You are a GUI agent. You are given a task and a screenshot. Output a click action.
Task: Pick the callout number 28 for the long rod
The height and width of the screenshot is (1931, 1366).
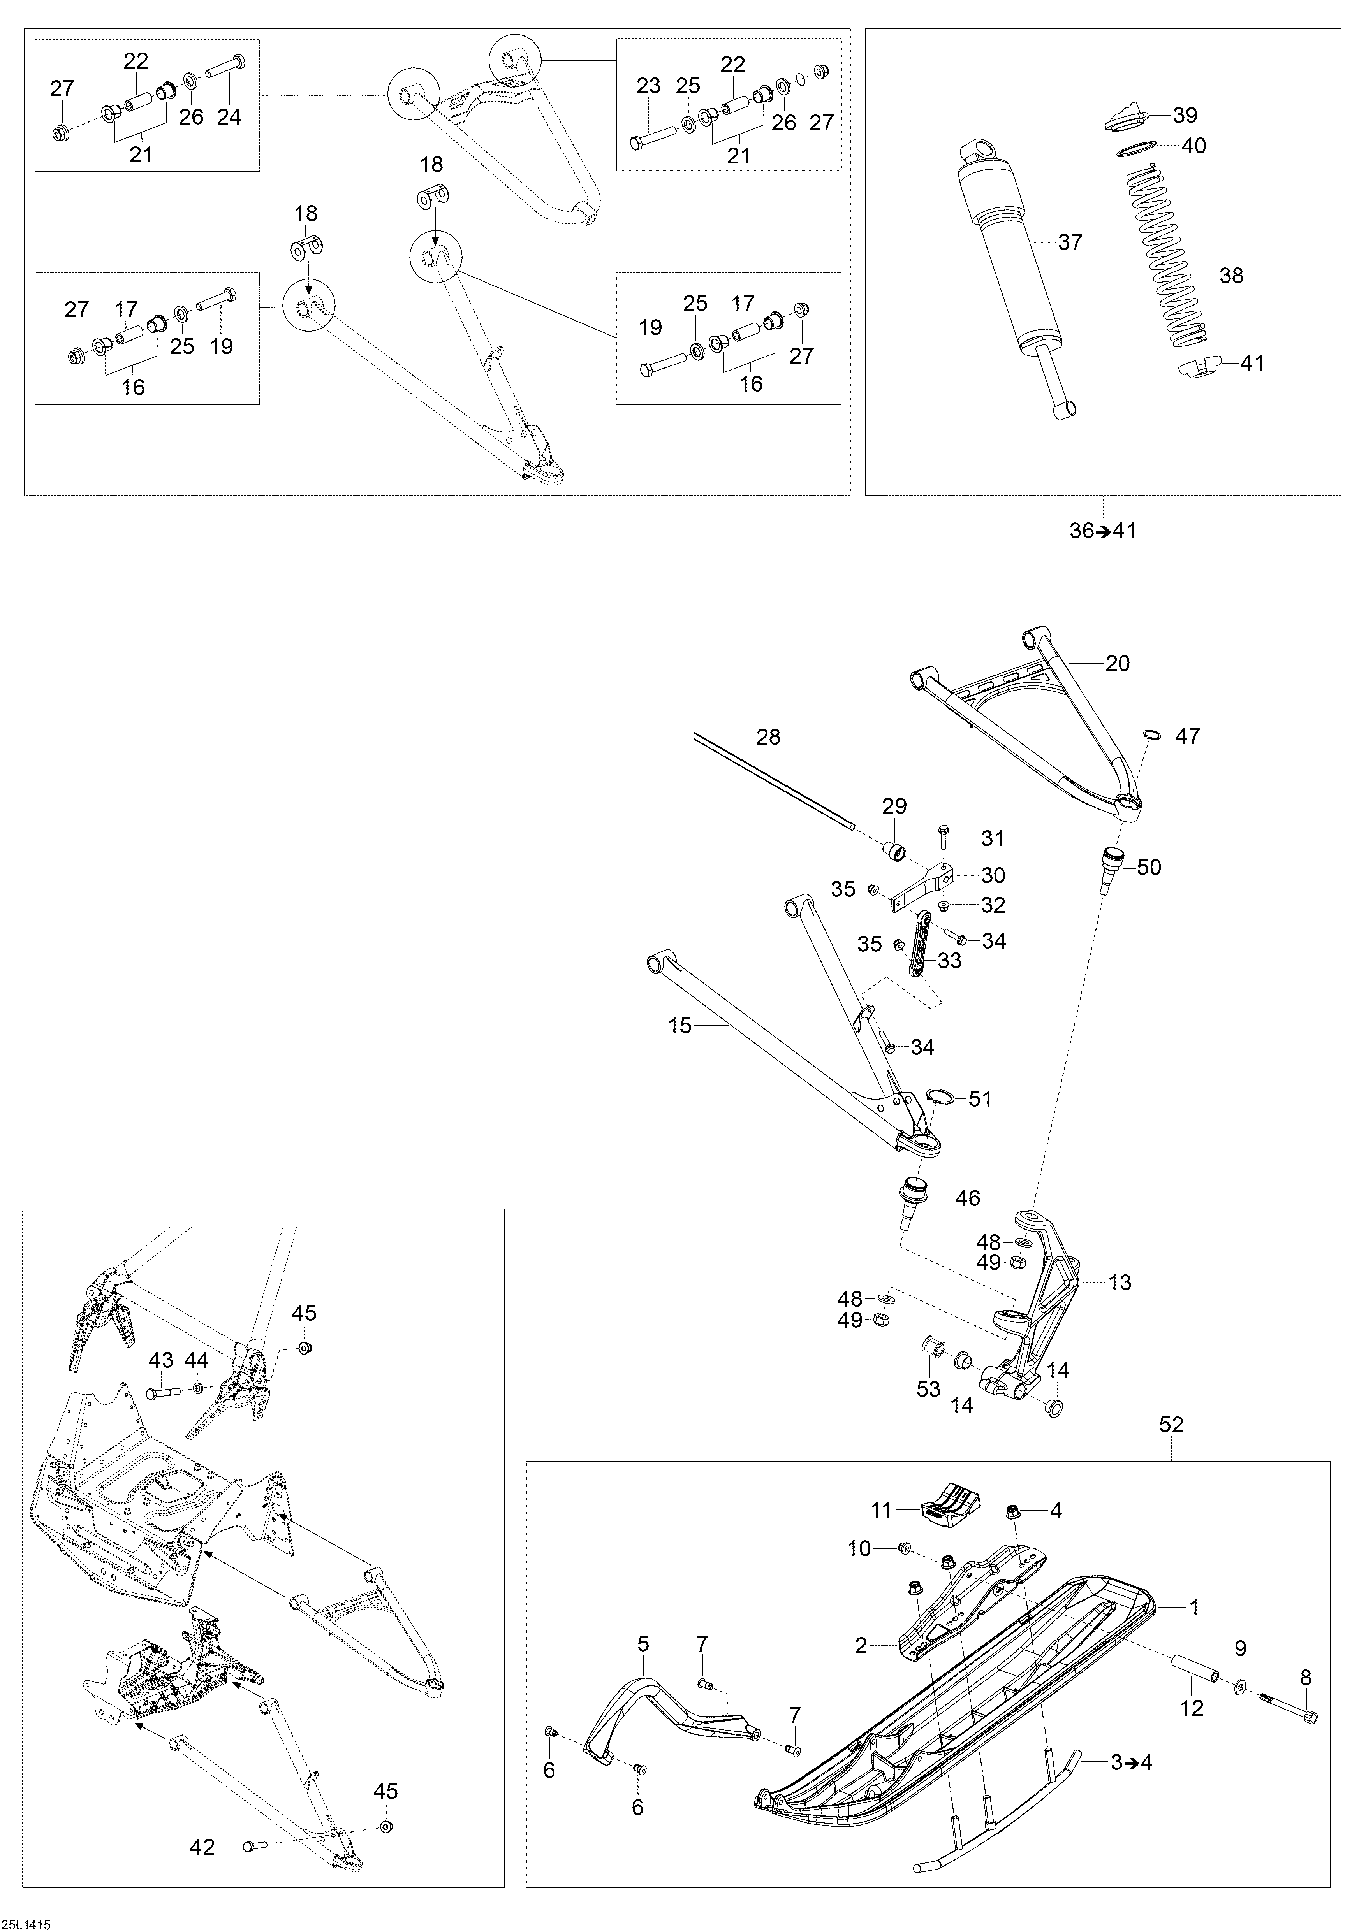(768, 737)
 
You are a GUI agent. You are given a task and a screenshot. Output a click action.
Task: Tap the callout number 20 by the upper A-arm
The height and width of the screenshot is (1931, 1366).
(1117, 664)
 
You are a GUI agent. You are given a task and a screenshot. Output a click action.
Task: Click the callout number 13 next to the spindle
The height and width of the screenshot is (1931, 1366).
(1120, 1283)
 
